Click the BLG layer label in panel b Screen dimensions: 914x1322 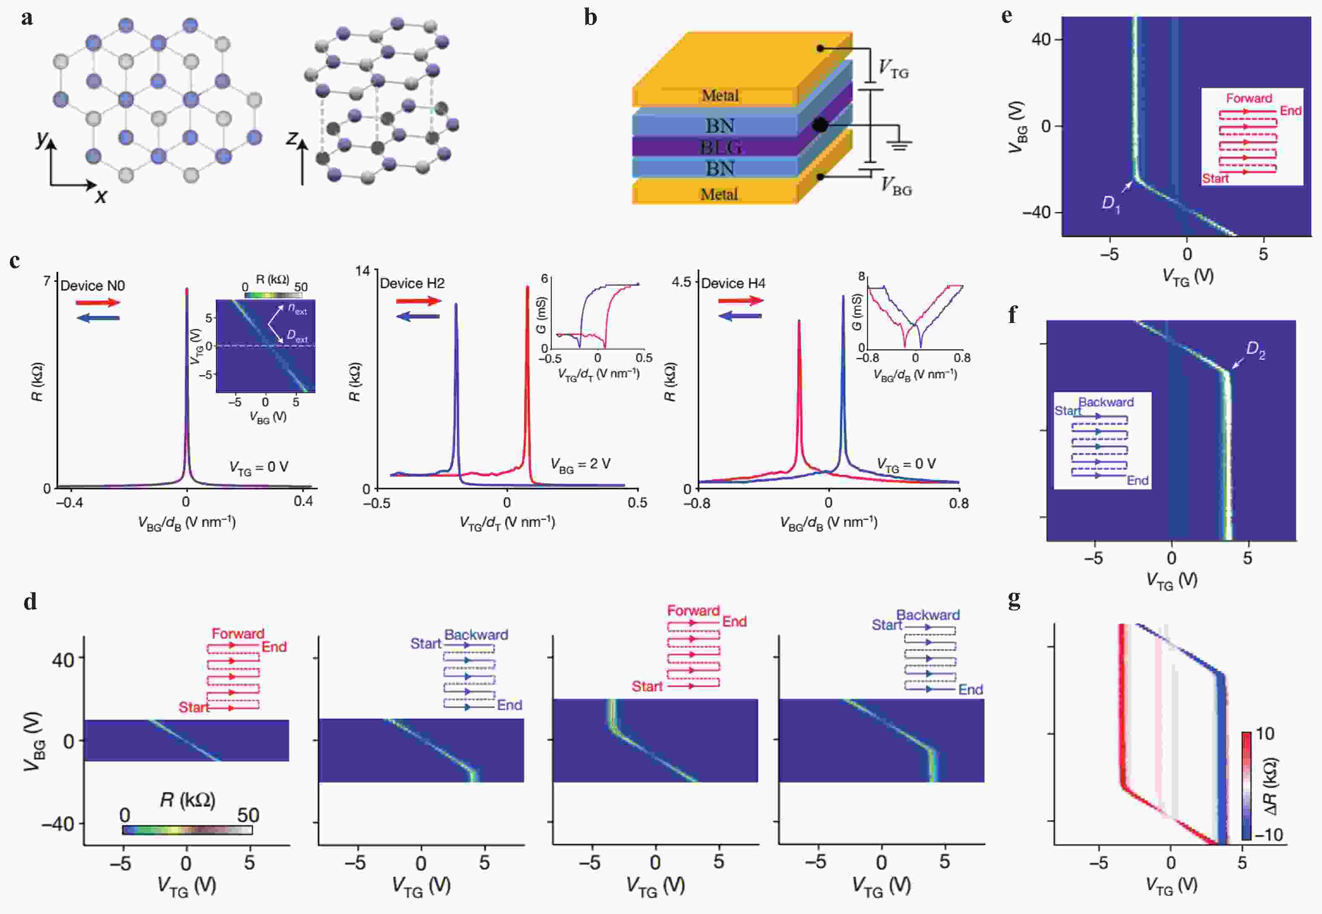coord(720,147)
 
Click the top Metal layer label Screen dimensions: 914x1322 coord(720,96)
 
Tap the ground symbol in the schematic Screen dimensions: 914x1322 coord(899,144)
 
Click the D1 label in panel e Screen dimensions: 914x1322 coord(1110,204)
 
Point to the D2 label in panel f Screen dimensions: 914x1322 coord(1255,351)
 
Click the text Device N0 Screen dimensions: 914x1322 coord(92,285)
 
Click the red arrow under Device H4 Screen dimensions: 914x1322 coord(740,301)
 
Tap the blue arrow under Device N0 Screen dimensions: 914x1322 coord(98,318)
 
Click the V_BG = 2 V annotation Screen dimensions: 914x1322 coord(580,464)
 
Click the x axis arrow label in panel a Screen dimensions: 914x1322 coord(101,196)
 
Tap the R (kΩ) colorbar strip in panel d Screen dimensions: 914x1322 coord(187,830)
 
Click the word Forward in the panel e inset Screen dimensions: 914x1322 coord(1249,98)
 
